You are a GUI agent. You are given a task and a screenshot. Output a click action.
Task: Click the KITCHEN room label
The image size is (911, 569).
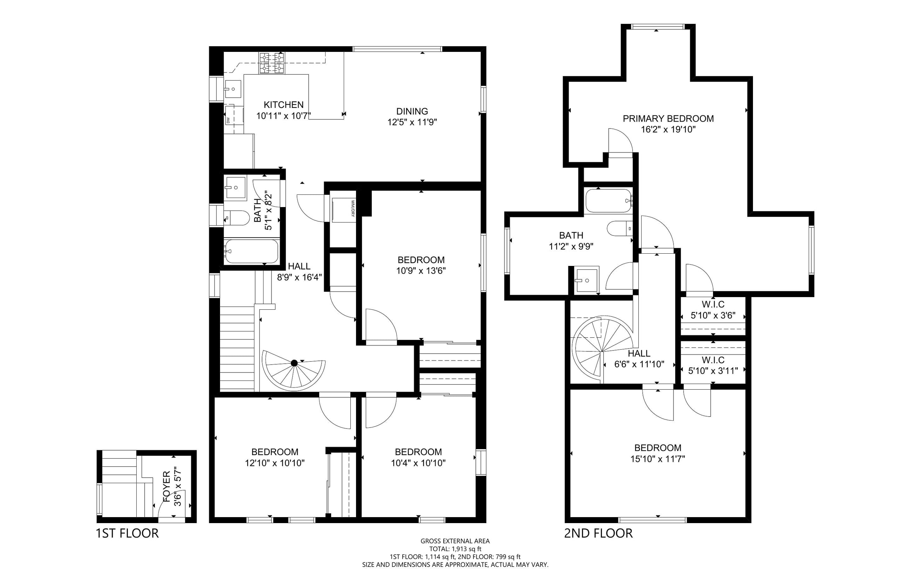click(x=283, y=105)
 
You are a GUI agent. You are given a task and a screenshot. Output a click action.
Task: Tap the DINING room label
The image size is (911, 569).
click(x=412, y=111)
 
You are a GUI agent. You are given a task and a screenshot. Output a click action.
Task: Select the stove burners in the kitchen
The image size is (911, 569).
click(x=271, y=63)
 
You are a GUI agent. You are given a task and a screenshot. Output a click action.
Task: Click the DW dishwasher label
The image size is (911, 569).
click(x=228, y=121)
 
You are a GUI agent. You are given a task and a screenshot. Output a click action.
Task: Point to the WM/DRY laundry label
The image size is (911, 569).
click(x=352, y=208)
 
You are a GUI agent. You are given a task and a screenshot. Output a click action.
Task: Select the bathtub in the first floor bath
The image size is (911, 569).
click(x=251, y=251)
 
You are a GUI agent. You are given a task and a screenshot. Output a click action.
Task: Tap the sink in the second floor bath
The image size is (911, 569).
click(x=587, y=280)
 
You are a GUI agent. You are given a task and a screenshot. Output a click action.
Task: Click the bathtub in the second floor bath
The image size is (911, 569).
click(x=609, y=200)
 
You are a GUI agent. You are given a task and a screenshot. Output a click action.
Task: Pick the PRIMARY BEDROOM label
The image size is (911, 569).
click(x=668, y=118)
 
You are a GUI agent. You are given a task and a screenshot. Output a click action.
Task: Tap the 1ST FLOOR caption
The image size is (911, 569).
click(x=128, y=533)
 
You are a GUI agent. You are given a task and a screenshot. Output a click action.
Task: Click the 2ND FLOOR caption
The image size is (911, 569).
click(x=598, y=533)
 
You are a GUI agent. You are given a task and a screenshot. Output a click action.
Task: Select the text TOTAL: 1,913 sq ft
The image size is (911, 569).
click(x=455, y=549)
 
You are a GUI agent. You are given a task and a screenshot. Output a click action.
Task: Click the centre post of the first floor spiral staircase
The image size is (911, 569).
click(x=294, y=363)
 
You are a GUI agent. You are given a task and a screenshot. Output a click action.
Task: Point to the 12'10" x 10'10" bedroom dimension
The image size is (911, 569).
click(x=275, y=463)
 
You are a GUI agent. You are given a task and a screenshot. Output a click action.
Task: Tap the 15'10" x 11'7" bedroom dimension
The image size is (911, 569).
click(x=658, y=459)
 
